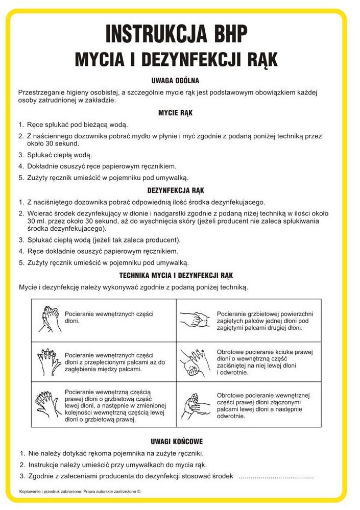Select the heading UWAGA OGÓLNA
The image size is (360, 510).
click(175, 80)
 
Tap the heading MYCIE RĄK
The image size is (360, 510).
click(175, 112)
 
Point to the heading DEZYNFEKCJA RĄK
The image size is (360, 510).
click(175, 190)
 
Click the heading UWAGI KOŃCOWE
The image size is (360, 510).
click(175, 441)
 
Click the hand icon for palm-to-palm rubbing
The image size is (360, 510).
click(50, 320)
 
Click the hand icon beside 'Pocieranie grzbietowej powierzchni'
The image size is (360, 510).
click(195, 320)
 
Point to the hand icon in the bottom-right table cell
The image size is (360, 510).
click(196, 404)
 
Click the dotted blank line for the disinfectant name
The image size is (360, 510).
click(276, 476)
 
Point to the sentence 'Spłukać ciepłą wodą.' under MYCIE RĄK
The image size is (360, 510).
click(59, 155)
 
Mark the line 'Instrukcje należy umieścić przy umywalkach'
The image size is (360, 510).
click(117, 465)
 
